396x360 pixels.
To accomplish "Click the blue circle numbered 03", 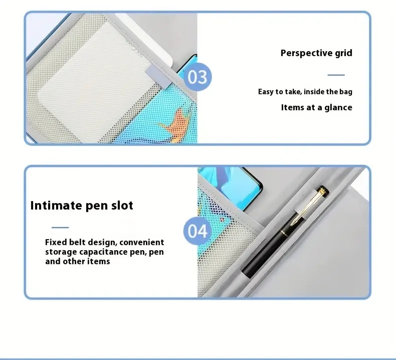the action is click(x=197, y=77).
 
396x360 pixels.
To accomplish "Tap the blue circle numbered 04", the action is click(x=197, y=231).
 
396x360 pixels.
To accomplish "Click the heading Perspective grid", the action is click(x=316, y=53).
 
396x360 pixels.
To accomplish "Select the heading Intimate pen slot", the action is click(x=82, y=206).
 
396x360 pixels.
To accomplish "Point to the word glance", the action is click(x=338, y=108).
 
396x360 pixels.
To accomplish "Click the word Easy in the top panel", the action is click(x=265, y=92).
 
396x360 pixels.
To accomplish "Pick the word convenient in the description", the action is click(x=142, y=242).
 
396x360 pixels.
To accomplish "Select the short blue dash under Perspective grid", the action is click(x=336, y=75).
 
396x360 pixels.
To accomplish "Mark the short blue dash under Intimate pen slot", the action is click(x=60, y=227).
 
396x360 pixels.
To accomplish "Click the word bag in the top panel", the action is click(x=346, y=92).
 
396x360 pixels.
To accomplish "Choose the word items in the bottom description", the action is click(x=99, y=261).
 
